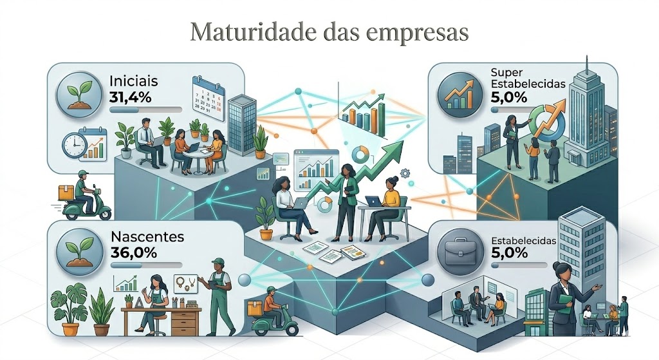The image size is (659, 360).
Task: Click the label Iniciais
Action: (x=133, y=82)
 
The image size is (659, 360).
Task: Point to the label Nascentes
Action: (x=147, y=236)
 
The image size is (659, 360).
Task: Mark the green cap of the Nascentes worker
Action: (x=218, y=262)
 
